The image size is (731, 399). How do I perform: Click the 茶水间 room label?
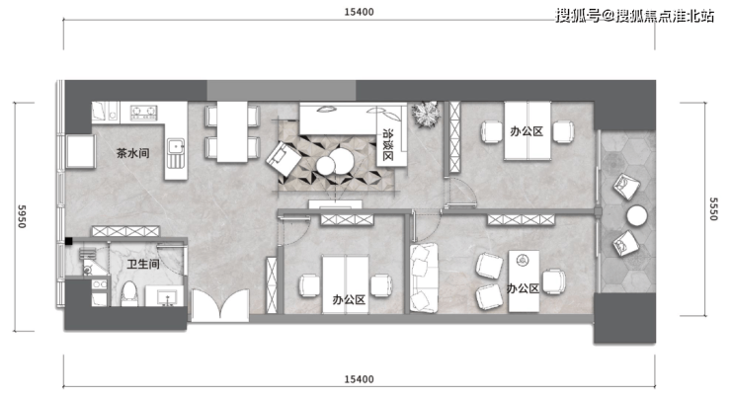pyautogui.click(x=133, y=153)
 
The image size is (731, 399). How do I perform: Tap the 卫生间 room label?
pyautogui.click(x=143, y=265)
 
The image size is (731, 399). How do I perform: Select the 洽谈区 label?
pyautogui.click(x=387, y=144)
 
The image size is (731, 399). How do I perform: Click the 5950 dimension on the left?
pyautogui.click(x=22, y=216)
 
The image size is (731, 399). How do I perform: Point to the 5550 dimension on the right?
pyautogui.click(x=713, y=208)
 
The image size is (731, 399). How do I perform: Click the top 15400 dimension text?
pyautogui.click(x=359, y=12)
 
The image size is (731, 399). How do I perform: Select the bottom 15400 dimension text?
pyautogui.click(x=359, y=379)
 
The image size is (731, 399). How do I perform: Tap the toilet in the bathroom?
pyautogui.click(x=129, y=293)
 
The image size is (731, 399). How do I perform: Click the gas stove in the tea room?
pyautogui.click(x=143, y=111)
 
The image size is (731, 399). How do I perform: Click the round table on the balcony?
pyautogui.click(x=636, y=216)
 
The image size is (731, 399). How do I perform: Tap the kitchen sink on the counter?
pyautogui.click(x=176, y=153)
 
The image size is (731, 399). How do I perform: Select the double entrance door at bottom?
pyautogui.click(x=220, y=305)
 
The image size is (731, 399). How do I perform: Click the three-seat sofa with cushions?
pyautogui.click(x=424, y=278)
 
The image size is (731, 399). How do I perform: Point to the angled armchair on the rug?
pyautogui.click(x=284, y=158)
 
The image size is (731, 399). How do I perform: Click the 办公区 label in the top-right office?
pyautogui.click(x=527, y=131)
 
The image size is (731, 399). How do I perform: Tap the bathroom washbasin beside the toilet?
pyautogui.click(x=165, y=296)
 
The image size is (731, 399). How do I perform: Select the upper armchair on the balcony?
pyautogui.click(x=626, y=187)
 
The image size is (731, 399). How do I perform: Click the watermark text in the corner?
pyautogui.click(x=634, y=17)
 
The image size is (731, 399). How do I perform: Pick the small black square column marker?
pyautogui.click(x=68, y=241)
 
